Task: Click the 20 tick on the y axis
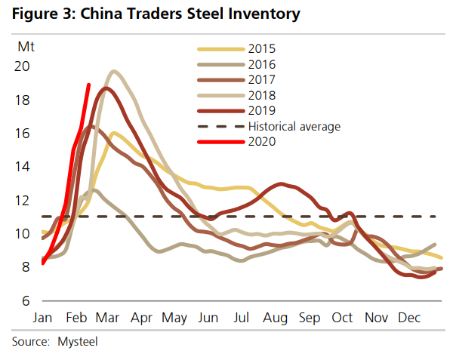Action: pos(23,66)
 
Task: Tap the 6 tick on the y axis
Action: pos(26,300)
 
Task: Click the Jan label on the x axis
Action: pos(42,318)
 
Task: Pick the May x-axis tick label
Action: pos(175,318)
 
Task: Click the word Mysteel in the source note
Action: pos(78,342)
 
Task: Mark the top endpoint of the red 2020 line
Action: pos(89,85)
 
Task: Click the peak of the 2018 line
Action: pos(114,72)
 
